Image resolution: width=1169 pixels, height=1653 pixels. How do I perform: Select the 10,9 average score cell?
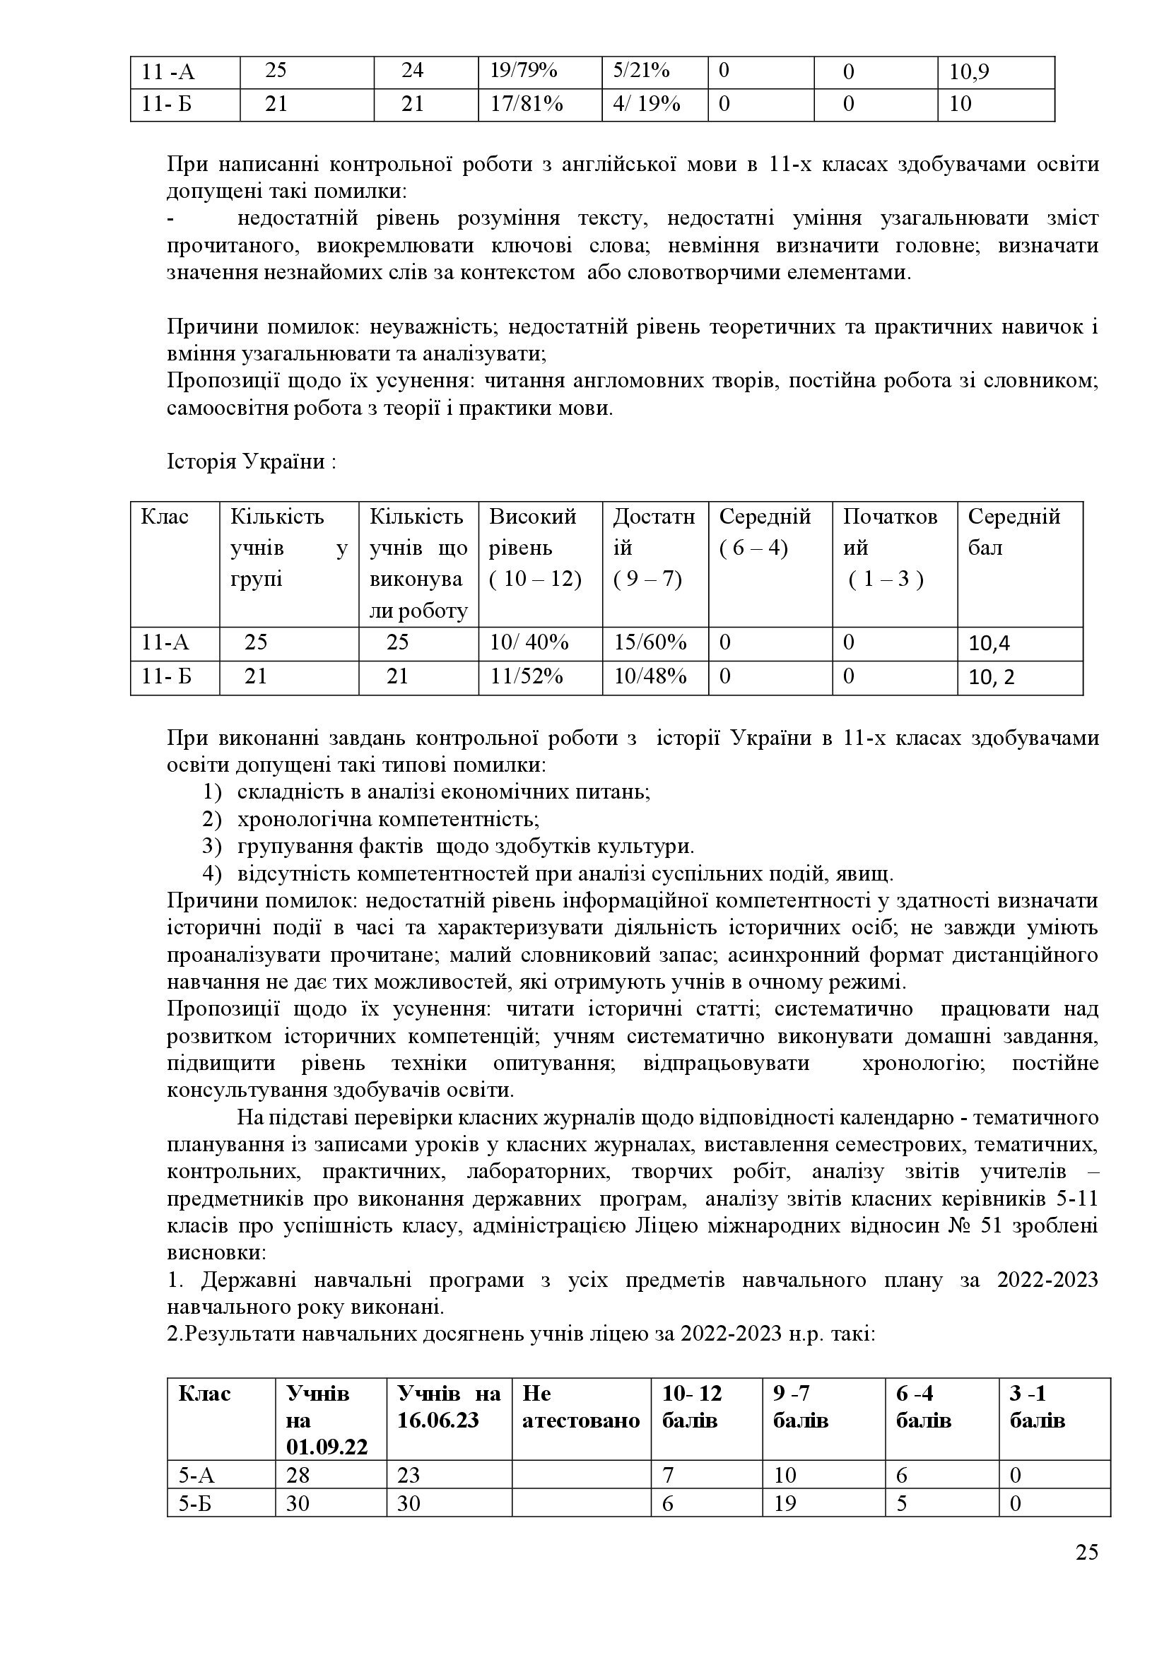969,71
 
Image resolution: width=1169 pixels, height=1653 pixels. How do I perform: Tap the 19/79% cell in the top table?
523,71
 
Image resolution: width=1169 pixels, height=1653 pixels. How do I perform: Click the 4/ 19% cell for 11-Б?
647,105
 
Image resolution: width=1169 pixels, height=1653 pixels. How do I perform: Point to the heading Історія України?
251,461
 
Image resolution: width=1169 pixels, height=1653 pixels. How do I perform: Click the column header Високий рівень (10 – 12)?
535,548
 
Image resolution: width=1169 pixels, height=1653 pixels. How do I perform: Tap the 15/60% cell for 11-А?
650,642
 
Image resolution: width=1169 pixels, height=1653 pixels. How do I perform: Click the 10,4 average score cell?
989,644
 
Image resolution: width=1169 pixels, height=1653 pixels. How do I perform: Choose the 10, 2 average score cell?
991,678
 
